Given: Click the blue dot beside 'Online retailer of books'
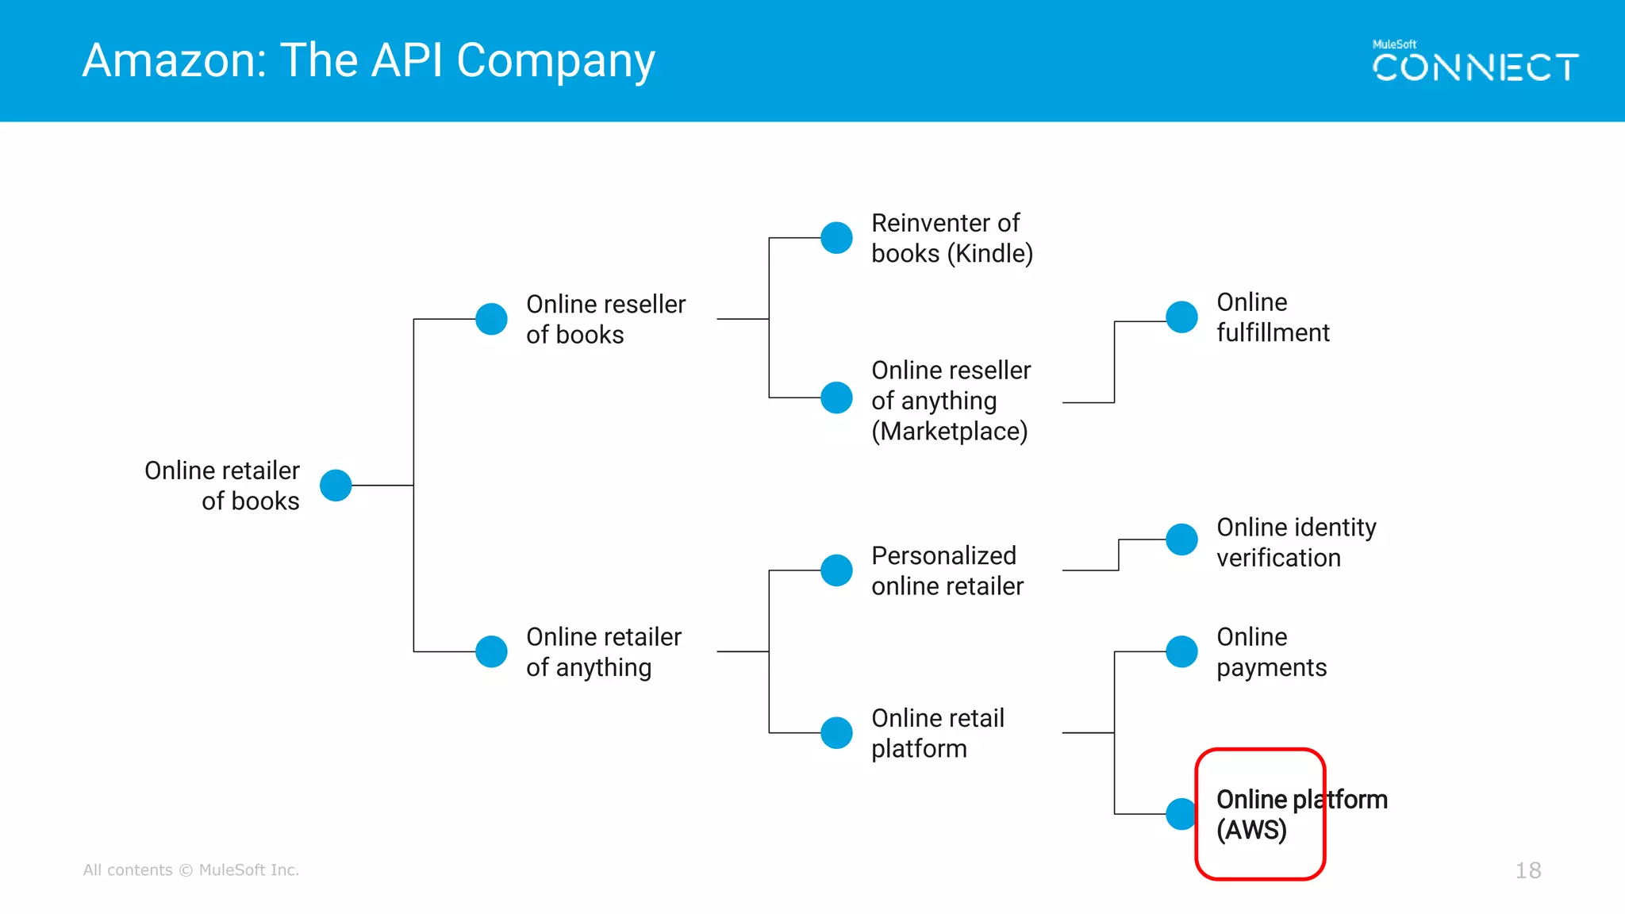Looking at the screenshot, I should point(336,485).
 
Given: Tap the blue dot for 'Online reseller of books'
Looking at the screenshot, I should point(491,319).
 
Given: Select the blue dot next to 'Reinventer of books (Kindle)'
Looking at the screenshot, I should point(836,237).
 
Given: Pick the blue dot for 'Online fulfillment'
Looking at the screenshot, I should point(1181,317).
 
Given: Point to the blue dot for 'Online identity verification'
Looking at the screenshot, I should point(1181,540).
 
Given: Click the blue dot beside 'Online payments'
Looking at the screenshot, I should point(1181,651).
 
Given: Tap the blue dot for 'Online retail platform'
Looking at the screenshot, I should point(836,732).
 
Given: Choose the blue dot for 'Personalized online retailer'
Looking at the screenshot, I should point(836,570).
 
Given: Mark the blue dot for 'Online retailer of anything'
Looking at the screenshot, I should point(491,651).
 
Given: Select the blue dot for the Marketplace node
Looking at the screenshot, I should point(836,397).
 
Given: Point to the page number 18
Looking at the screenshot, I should point(1528,870).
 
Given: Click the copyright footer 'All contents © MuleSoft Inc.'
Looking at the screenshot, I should point(191,870).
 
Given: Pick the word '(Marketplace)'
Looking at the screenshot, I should point(949,432).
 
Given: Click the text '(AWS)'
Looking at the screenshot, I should point(1251,830).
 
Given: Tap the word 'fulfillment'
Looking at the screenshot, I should point(1273,332).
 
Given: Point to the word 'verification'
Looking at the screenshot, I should point(1278,558).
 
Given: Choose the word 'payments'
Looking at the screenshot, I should point(1271,668).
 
